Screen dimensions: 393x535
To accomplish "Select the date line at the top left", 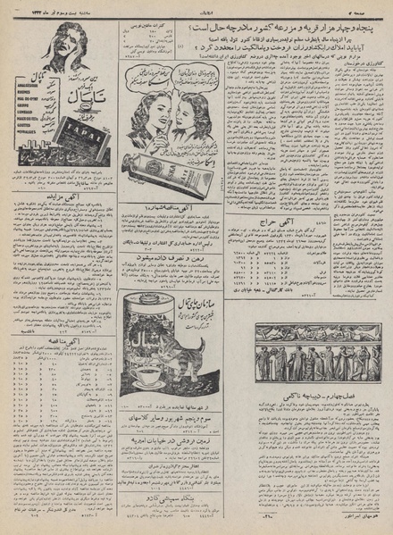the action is coord(71,8).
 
